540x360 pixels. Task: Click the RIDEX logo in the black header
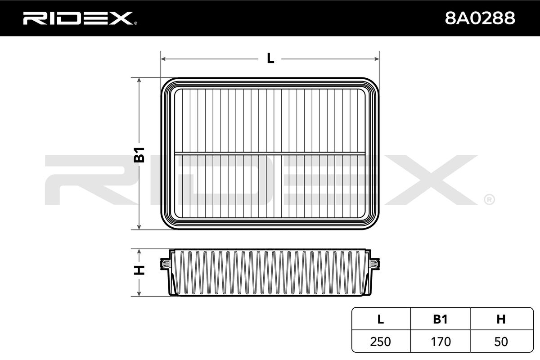80,18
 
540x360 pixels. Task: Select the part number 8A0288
480,18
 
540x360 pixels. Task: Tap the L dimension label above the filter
270,58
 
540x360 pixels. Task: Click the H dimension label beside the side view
139,270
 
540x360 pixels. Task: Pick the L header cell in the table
381,319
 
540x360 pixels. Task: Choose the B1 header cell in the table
440,319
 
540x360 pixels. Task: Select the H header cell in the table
501,319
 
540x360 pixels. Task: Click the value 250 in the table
380,342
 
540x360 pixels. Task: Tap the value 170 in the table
441,342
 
